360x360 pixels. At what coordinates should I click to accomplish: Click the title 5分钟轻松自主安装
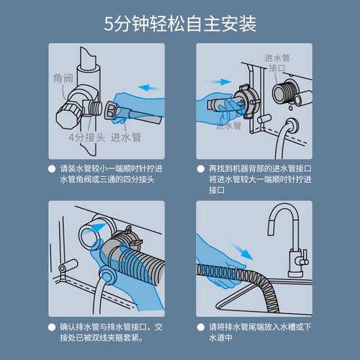tap(180, 24)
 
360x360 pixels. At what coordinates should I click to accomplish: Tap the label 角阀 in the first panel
tap(63, 78)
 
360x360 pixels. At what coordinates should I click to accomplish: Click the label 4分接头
tap(87, 138)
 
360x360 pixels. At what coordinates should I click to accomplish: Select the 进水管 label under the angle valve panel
tap(126, 138)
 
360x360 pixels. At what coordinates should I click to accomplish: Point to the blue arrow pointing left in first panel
tap(150, 88)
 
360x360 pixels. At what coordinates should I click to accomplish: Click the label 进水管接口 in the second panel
tap(277, 63)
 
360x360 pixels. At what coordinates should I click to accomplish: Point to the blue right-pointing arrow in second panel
tap(220, 82)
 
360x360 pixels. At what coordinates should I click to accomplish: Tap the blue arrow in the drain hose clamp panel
tap(95, 228)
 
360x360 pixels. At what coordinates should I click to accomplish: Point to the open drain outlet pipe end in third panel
tap(89, 235)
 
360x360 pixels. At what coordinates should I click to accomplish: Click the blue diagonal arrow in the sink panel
tap(241, 251)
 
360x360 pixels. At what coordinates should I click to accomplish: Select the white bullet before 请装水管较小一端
tap(52, 169)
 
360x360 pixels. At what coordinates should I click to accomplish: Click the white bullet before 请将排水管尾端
tap(200, 327)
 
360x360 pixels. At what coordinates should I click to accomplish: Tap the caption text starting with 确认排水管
tap(111, 333)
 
